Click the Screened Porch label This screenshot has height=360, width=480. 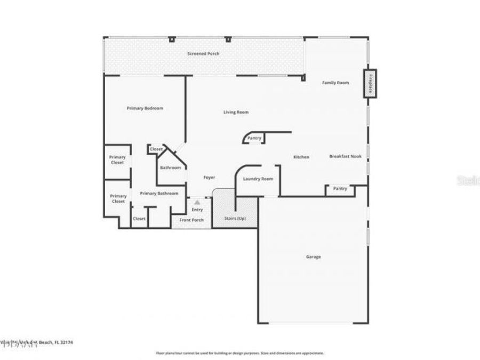203,54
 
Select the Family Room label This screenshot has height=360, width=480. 335,83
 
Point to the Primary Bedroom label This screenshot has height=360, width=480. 145,108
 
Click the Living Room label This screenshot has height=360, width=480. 235,112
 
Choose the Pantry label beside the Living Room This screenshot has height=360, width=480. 254,139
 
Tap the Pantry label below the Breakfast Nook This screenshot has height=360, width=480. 340,189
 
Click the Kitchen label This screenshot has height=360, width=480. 301,157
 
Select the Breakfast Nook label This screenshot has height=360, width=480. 346,156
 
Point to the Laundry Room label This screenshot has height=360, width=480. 258,179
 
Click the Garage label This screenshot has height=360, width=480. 313,257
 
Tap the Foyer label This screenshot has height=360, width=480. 210,178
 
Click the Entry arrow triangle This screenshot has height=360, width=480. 197,203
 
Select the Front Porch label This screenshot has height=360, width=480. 191,220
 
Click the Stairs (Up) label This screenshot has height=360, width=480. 235,219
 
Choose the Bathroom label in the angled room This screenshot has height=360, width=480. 171,168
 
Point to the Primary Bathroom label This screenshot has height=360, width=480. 159,193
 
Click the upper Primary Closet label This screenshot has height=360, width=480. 117,160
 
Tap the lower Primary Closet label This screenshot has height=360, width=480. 118,199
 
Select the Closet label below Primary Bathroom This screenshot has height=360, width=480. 139,219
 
